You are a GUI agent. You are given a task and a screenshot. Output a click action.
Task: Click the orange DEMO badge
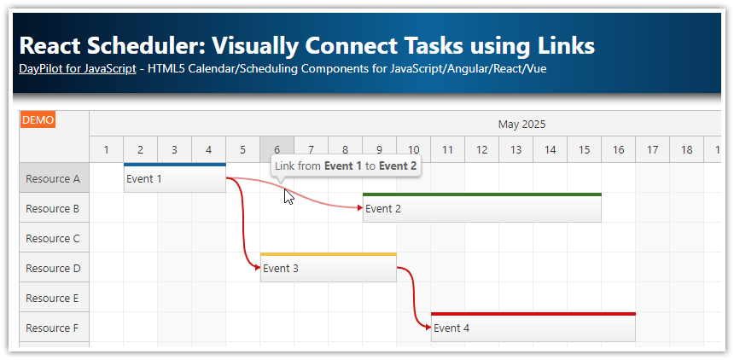(x=38, y=120)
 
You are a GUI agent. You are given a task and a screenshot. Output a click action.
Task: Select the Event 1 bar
(x=174, y=178)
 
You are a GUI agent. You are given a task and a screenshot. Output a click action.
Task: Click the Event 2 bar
(x=481, y=208)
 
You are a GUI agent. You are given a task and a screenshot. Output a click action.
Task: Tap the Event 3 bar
(x=328, y=268)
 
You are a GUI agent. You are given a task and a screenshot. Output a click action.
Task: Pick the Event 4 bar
(x=533, y=328)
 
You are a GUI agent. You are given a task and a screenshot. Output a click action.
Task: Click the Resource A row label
(x=53, y=178)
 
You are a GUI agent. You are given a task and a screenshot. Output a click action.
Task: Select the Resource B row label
(x=53, y=208)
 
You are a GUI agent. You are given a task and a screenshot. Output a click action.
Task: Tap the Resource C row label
(x=53, y=238)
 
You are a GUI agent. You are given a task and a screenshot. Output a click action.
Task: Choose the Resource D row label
(x=53, y=268)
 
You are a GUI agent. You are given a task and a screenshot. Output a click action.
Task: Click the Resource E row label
(x=53, y=298)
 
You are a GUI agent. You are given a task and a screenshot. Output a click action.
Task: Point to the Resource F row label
(x=53, y=328)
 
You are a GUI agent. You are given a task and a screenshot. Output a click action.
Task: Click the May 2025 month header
(x=521, y=124)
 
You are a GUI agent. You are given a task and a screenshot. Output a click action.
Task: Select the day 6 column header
(x=277, y=150)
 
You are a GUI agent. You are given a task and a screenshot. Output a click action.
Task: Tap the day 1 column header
(x=106, y=150)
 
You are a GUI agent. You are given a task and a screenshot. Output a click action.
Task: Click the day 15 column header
(x=584, y=150)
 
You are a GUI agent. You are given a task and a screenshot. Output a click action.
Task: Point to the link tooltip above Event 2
(x=346, y=165)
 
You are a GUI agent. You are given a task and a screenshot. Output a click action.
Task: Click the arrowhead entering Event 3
(x=257, y=268)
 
